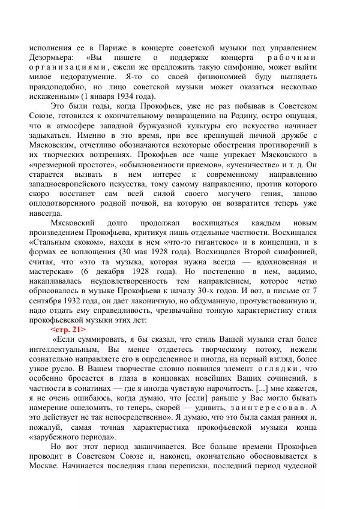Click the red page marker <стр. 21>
pos(68,330)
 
